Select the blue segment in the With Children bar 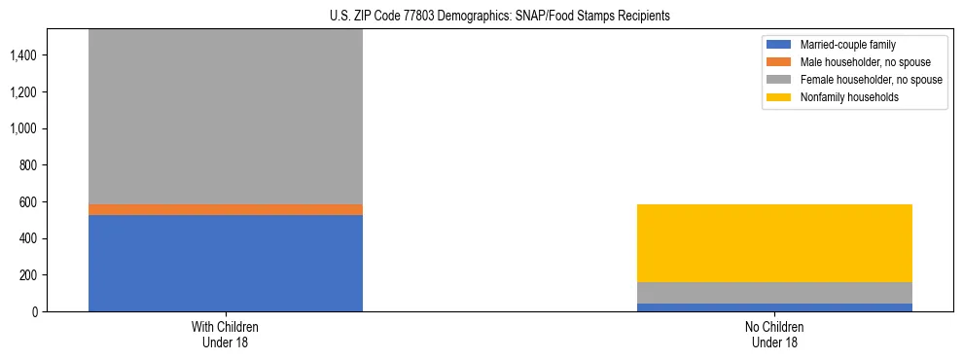(x=225, y=263)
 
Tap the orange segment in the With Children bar (x=225, y=209)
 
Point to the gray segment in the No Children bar (x=773, y=293)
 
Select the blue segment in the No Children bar (x=773, y=307)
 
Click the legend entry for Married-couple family (x=847, y=45)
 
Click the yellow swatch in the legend (x=779, y=97)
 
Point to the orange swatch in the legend (x=779, y=62)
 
